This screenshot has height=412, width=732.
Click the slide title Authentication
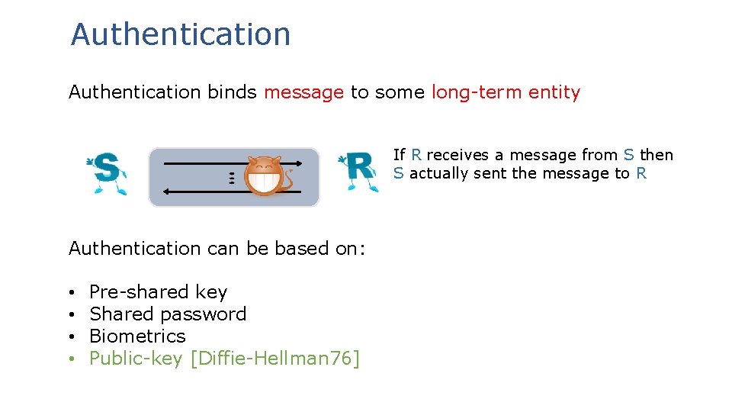(181, 34)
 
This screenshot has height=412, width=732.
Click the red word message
(303, 92)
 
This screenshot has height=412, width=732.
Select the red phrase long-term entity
(506, 92)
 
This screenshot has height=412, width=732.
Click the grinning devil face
(264, 179)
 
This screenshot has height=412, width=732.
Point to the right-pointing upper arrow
(198, 163)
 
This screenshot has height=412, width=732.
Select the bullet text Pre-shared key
(159, 291)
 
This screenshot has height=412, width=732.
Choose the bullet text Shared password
(168, 314)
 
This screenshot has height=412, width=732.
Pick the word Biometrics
(137, 336)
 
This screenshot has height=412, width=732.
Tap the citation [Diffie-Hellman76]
(274, 358)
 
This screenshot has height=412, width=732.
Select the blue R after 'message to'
(640, 173)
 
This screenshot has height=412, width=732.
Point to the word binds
(232, 92)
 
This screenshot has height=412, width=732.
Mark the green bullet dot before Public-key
(69, 359)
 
